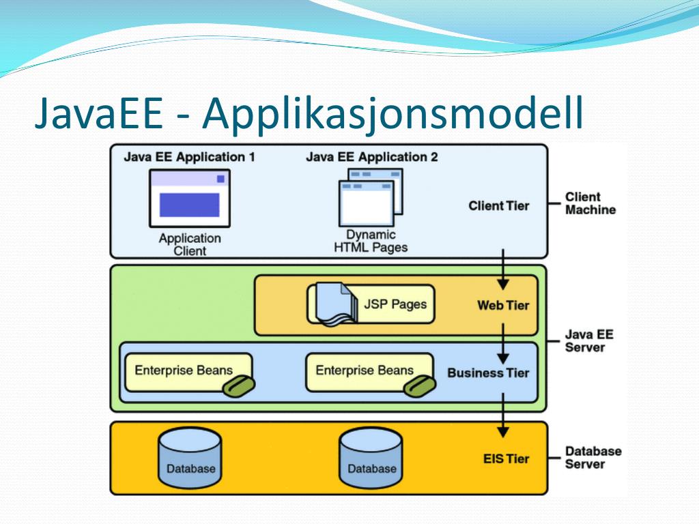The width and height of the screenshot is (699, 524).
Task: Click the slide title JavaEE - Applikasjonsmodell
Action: pos(309,114)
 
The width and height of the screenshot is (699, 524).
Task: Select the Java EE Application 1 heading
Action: pos(189,157)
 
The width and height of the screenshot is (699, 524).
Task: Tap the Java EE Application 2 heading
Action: pos(371,157)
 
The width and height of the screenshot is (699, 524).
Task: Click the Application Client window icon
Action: pos(189,199)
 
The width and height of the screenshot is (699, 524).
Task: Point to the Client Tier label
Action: pos(498,205)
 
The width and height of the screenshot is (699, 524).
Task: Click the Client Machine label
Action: pos(590,203)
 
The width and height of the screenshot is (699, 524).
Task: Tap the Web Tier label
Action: pos(502,305)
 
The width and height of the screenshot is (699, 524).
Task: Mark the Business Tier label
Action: pos(488,373)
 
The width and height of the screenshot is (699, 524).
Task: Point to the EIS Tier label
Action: pos(505,458)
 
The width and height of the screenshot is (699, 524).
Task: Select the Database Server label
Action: pos(593,457)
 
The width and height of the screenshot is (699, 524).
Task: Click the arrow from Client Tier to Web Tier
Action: pos(503,270)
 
